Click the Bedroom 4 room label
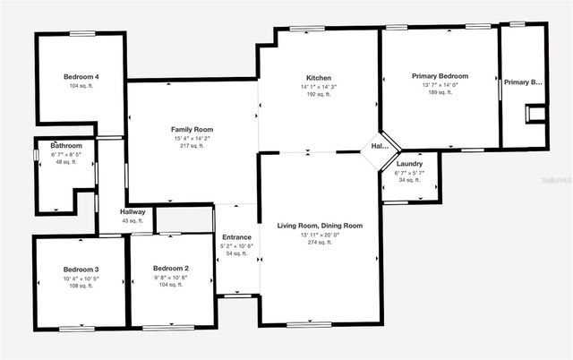pyautogui.click(x=81, y=77)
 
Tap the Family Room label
pyautogui.click(x=192, y=130)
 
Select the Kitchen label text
pyautogui.click(x=320, y=77)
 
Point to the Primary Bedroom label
pyautogui.click(x=440, y=76)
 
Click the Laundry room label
pyautogui.click(x=409, y=164)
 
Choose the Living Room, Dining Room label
pyautogui.click(x=320, y=226)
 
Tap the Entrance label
pyautogui.click(x=237, y=237)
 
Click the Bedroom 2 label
pyautogui.click(x=171, y=269)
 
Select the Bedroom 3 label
pyautogui.click(x=81, y=269)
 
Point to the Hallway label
pyautogui.click(x=133, y=212)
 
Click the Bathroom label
pyautogui.click(x=66, y=146)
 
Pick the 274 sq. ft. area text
pyautogui.click(x=320, y=243)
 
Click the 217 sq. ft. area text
pyautogui.click(x=192, y=146)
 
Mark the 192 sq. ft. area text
pyautogui.click(x=320, y=94)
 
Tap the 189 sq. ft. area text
pyautogui.click(x=440, y=92)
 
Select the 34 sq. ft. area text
pyautogui.click(x=409, y=180)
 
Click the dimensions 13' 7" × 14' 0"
pyautogui.click(x=440, y=84)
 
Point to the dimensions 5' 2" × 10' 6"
pyautogui.click(x=237, y=245)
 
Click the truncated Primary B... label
pyautogui.click(x=523, y=82)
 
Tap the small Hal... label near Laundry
pyautogui.click(x=380, y=146)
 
